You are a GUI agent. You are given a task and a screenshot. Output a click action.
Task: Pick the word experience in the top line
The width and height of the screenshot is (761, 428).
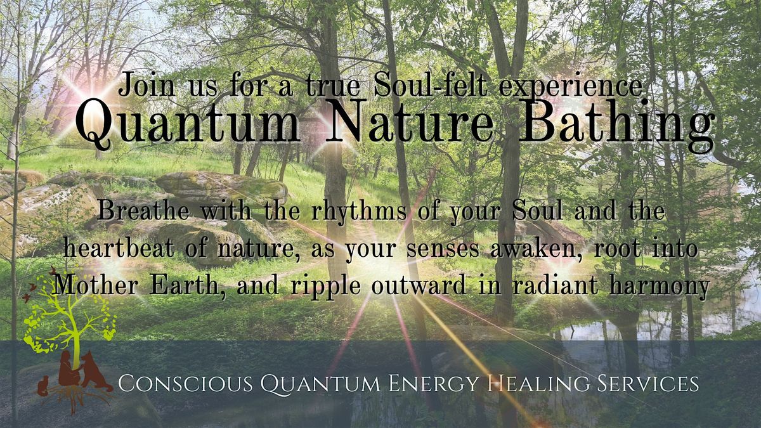[x=571, y=87]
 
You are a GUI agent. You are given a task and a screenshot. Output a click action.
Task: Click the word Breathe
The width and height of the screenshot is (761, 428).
[x=143, y=211]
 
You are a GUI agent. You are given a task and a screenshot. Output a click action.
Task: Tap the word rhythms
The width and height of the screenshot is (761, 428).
[x=358, y=212]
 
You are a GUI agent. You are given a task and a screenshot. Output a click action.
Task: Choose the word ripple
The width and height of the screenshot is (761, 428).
[x=325, y=287]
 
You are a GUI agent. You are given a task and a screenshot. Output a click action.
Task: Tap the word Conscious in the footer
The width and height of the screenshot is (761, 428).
[x=185, y=384]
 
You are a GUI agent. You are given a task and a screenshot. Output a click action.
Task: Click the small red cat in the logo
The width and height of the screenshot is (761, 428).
[x=42, y=386]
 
